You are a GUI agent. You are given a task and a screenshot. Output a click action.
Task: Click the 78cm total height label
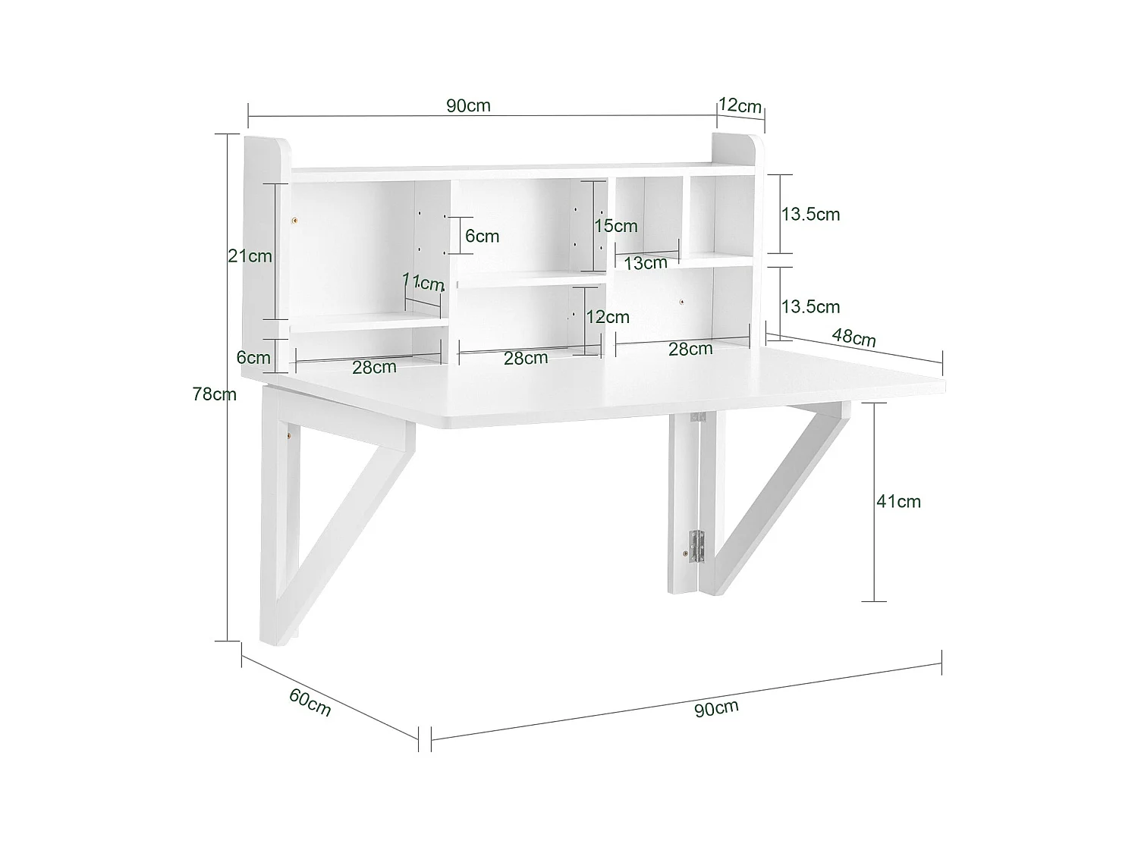[x=215, y=394]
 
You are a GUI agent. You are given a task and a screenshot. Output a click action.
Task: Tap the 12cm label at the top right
[x=740, y=105]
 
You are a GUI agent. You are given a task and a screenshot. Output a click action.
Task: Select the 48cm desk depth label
[x=854, y=337]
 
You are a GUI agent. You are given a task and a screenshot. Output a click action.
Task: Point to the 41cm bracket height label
[x=898, y=501]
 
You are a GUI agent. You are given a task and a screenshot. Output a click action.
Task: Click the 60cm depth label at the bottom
[x=310, y=702]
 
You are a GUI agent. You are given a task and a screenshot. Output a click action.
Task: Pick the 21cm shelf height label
[x=250, y=256]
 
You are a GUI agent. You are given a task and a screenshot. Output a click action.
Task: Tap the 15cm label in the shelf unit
[x=616, y=226]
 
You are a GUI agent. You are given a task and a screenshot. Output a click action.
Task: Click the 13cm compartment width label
[x=646, y=263]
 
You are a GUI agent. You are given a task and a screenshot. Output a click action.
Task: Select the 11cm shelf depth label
[x=423, y=283]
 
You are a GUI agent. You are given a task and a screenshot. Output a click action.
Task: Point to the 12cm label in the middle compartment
[x=608, y=317]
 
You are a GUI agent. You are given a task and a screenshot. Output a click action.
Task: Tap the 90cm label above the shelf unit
[x=468, y=105]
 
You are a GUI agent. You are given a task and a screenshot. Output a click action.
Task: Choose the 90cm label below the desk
[x=716, y=709]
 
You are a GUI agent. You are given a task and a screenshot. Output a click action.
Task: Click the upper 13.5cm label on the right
[x=811, y=215]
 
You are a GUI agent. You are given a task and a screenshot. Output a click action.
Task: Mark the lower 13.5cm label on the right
[x=811, y=307]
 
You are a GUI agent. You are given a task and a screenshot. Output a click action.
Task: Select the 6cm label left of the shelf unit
[x=253, y=358]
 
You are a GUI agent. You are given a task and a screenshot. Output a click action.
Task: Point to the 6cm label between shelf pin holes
[x=483, y=237]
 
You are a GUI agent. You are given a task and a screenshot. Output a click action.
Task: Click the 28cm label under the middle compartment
[x=526, y=359]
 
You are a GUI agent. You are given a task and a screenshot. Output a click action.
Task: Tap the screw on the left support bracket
[x=289, y=436]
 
